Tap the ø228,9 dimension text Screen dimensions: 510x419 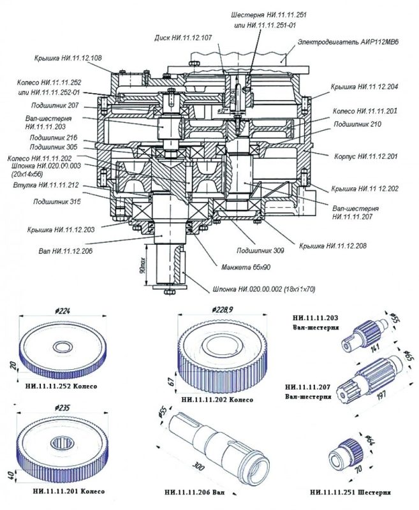(x=221, y=309)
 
